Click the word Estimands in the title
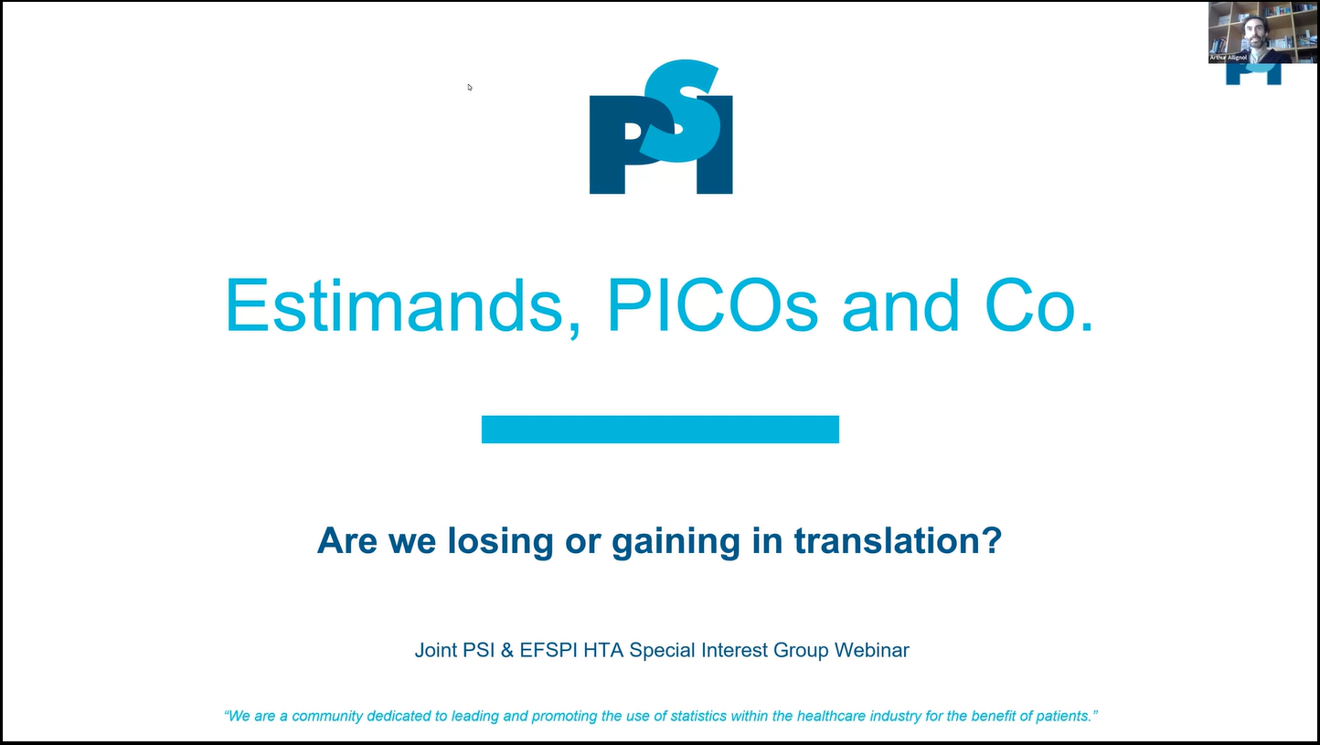[403, 306]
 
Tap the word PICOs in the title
[713, 305]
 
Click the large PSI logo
[661, 127]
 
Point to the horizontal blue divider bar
[660, 429]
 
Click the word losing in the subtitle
[500, 541]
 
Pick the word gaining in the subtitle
[676, 541]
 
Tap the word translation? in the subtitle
[898, 540]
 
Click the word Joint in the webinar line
[436, 650]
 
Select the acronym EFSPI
[548, 650]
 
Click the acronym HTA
[603, 650]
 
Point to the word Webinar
[871, 650]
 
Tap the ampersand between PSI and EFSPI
[506, 650]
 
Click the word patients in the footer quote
[1068, 716]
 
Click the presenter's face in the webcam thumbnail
[1255, 32]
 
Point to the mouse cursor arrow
[470, 87]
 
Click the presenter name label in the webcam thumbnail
[1228, 58]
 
